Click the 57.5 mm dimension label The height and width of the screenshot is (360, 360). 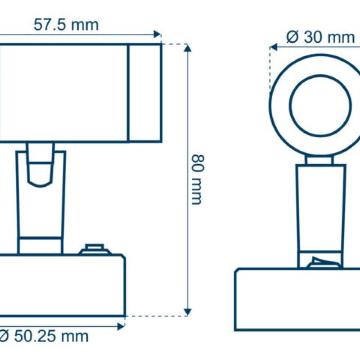[66, 25]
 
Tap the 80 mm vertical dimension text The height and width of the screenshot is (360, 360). [198, 180]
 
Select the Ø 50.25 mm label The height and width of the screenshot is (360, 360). [44, 337]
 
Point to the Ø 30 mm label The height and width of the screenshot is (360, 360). [320, 37]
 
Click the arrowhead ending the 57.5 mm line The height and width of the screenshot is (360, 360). [157, 34]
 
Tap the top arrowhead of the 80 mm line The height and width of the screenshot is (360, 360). [188, 48]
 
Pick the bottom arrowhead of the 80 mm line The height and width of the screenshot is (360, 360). [188, 312]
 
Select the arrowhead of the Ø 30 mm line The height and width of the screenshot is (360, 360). [274, 47]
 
